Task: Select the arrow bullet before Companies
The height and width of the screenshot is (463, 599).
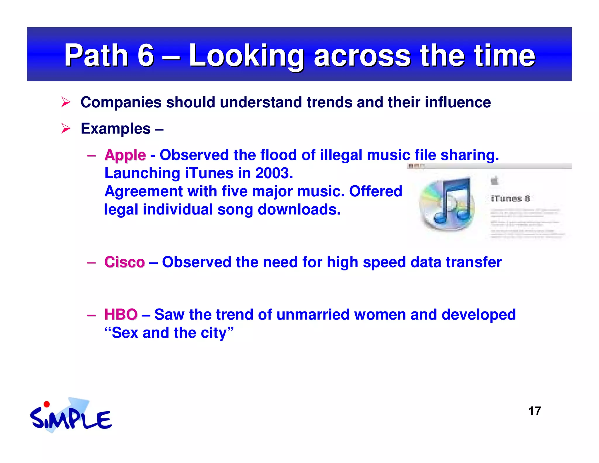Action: click(66, 102)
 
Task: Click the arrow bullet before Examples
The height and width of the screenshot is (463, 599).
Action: click(66, 128)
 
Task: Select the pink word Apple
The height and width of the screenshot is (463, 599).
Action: click(125, 155)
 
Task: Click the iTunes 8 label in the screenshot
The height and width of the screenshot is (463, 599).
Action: click(510, 198)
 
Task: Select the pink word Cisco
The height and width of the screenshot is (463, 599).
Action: click(125, 262)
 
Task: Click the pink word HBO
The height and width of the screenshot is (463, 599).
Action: click(121, 315)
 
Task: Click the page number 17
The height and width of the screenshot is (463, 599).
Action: click(534, 411)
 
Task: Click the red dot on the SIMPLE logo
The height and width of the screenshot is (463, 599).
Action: click(47, 404)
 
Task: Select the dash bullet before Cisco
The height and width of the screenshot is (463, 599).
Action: click(92, 263)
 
